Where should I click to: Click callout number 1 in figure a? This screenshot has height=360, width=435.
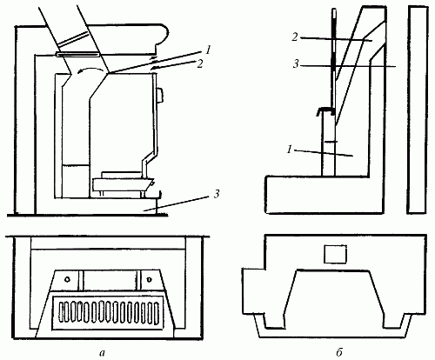point(208,50)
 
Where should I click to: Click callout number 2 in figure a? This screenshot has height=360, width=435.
point(199,63)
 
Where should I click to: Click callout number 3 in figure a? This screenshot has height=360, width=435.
point(216,194)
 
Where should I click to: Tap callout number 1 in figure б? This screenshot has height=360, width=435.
point(289,150)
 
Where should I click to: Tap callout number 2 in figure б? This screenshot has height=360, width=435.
point(295,37)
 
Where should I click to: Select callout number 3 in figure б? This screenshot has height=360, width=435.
point(296,64)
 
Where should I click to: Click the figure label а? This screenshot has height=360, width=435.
point(101,353)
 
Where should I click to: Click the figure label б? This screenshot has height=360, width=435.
point(339,352)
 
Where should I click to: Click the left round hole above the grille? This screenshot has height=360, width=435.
point(67,279)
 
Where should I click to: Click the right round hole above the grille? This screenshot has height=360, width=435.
point(149,279)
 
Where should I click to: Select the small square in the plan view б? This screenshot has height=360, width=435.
point(335,254)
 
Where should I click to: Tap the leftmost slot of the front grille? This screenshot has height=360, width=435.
point(61,312)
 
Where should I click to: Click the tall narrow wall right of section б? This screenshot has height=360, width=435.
point(418,110)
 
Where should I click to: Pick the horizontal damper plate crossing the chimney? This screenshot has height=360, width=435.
point(78,54)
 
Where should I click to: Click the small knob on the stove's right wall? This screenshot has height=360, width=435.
point(160,95)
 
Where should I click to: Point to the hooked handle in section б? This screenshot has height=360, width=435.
point(325,110)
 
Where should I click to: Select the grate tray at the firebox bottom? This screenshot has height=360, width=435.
point(123,184)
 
